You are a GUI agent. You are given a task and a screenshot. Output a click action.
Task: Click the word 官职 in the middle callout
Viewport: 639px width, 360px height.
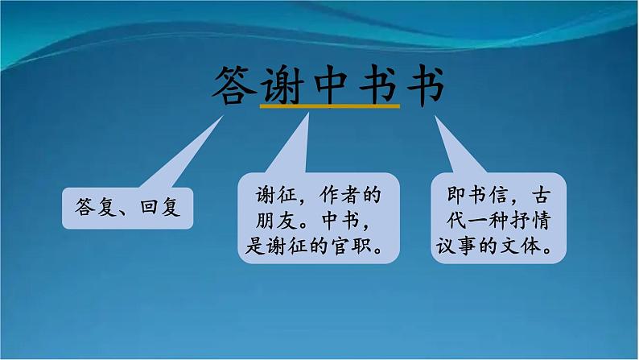360,243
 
